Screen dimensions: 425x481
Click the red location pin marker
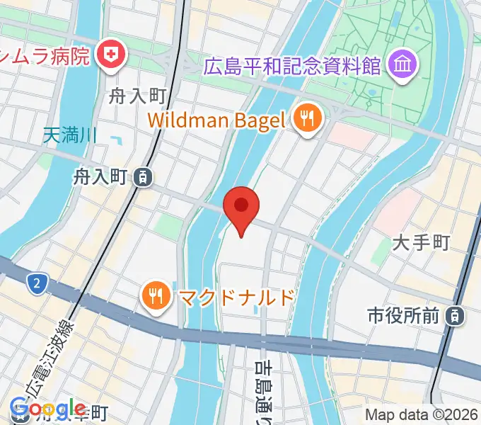[241, 207]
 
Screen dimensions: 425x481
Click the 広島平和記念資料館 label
[292, 68]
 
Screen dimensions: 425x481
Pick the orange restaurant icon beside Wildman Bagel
[306, 119]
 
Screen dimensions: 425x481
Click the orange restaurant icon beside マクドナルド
[153, 296]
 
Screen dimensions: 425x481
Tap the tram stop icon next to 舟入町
[144, 176]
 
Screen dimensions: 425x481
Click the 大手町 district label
[421, 244]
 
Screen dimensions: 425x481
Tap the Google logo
[47, 409]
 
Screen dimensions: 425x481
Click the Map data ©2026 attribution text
[421, 415]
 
